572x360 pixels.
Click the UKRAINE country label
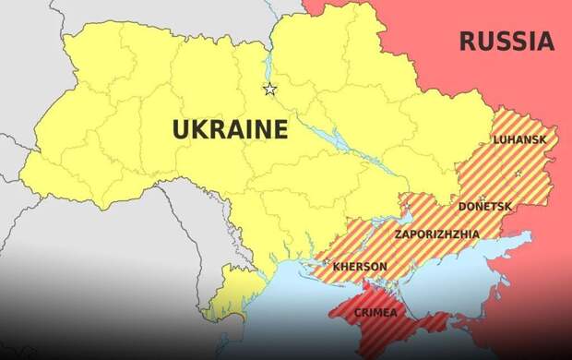pos(230,129)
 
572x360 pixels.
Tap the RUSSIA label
pos(506,42)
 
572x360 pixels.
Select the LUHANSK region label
pos(519,139)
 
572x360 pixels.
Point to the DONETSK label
pos(485,207)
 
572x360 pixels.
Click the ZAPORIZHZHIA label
pos(436,234)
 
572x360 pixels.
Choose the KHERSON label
pos(360,267)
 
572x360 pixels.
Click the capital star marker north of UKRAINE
pos(269,90)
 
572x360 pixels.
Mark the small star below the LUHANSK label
pos(518,173)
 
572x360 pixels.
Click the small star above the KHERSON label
pos(326,262)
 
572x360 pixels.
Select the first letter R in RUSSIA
pos(466,42)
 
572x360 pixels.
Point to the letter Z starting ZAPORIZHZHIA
pos(398,234)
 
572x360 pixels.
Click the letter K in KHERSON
pos(336,267)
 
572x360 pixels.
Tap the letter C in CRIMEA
pos(358,313)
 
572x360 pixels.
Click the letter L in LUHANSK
pos(497,139)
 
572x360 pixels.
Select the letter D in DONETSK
pos(462,207)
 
